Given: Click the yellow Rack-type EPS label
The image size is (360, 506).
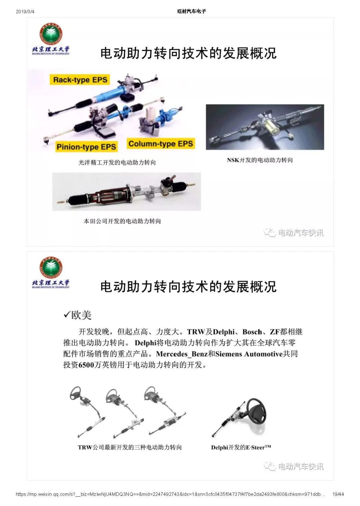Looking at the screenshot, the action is (x=80, y=80).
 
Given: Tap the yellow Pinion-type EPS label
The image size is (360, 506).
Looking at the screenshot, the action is (x=86, y=147).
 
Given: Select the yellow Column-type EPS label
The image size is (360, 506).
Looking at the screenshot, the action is (x=161, y=144).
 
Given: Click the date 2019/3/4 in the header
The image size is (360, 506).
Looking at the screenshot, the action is (x=25, y=12).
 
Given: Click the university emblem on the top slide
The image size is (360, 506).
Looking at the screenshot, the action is (x=51, y=34).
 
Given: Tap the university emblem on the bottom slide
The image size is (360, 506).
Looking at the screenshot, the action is (x=51, y=267).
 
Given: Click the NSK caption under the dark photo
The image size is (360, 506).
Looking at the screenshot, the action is (x=260, y=160).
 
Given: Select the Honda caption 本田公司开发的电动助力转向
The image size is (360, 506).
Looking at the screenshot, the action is (x=122, y=221).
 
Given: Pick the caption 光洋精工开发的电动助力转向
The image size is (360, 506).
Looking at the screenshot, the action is (x=117, y=163).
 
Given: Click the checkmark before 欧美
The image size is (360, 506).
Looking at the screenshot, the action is (x=67, y=314).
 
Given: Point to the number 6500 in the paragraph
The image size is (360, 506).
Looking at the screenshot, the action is (x=86, y=365).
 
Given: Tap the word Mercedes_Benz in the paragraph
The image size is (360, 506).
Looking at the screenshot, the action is (x=182, y=354).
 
